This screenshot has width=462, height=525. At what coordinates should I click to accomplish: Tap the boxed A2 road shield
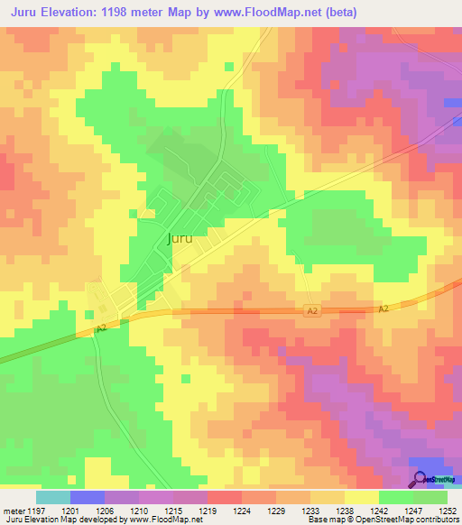click(x=312, y=310)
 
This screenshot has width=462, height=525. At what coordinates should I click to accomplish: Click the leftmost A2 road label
click(x=102, y=330)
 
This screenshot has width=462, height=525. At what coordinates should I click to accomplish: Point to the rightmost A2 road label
click(x=383, y=309)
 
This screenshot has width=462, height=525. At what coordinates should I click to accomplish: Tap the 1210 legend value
click(x=140, y=511)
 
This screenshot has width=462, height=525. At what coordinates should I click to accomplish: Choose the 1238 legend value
click(x=346, y=511)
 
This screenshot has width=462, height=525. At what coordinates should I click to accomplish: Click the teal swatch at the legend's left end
click(x=53, y=497)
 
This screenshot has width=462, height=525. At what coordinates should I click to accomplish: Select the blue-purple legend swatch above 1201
click(x=88, y=497)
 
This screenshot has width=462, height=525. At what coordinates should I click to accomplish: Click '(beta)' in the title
click(x=342, y=12)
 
